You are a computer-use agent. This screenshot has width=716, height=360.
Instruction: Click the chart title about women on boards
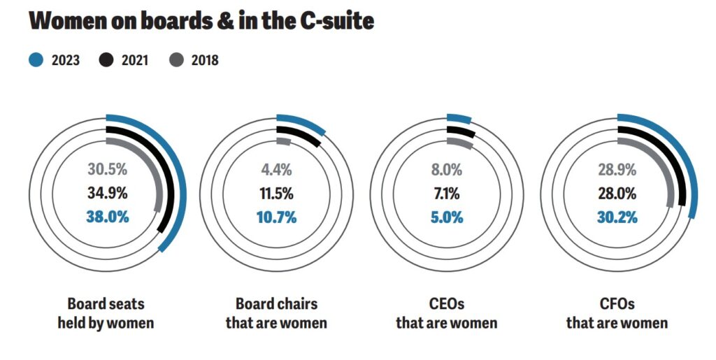201,21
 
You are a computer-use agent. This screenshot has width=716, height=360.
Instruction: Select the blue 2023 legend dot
36,60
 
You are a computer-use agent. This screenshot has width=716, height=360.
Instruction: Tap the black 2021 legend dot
106,60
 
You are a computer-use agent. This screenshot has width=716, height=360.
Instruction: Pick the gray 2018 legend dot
176,60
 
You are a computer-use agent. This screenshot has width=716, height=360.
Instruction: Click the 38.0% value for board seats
108,217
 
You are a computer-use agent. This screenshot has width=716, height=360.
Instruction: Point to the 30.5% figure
108,169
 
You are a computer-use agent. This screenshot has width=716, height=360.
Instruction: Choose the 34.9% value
108,193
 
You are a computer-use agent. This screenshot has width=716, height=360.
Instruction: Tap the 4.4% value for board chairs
277,169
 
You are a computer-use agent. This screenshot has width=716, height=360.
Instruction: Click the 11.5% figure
277,193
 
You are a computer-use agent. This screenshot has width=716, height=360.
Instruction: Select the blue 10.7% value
277,217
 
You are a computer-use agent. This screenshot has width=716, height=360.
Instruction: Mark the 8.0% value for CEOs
447,169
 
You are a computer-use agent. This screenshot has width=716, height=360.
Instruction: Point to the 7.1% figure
447,193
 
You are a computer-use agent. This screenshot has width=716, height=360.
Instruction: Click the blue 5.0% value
447,217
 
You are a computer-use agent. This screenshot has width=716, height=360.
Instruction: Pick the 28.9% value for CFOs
617,169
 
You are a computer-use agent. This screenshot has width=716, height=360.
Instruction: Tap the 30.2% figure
617,217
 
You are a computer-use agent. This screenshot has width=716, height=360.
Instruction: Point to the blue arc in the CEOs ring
459,118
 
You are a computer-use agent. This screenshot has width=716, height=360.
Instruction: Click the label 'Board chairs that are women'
276,314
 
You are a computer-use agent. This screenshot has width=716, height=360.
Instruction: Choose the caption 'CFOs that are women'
617,314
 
